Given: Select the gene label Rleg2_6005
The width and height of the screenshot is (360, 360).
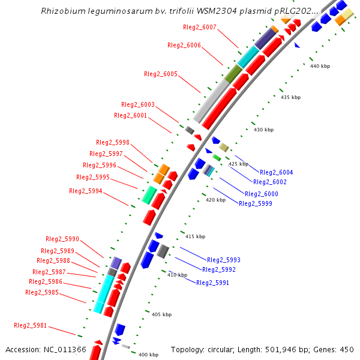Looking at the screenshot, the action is (161, 74).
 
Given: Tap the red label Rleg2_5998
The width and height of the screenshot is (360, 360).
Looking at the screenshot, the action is (113, 142).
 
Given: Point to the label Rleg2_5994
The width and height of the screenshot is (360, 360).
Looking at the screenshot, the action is (86, 191).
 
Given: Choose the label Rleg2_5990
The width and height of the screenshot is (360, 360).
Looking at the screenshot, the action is (62, 239).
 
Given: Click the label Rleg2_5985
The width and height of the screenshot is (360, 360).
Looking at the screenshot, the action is (42, 292).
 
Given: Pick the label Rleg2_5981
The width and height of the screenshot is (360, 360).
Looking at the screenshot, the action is (30, 325).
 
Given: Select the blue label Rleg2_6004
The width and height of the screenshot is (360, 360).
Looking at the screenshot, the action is (277, 172).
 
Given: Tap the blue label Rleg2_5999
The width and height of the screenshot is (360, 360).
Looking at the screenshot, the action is (256, 203).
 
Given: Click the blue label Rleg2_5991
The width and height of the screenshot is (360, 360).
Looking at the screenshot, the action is (212, 282).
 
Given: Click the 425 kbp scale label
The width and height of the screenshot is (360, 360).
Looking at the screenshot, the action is (238, 164).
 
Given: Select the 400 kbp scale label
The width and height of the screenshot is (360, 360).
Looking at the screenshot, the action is (148, 355).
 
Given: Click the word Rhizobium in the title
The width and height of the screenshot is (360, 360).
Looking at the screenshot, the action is (62, 11).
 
